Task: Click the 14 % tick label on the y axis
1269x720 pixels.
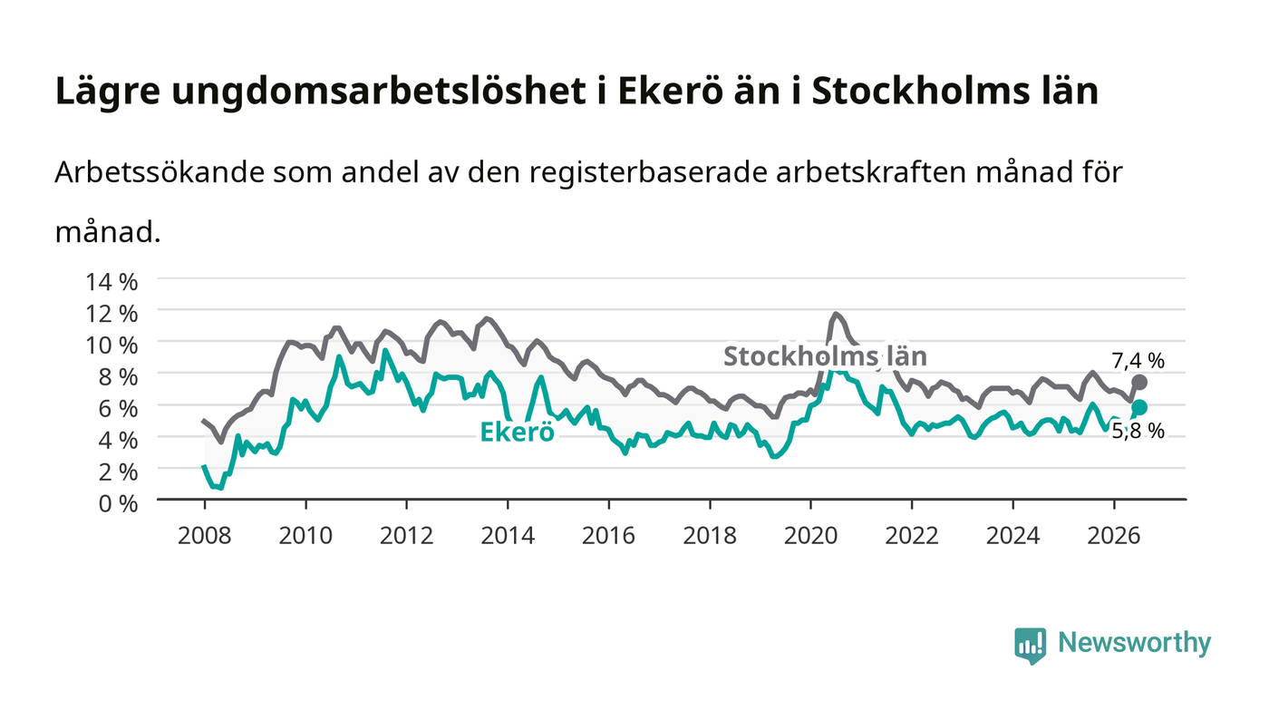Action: pyautogui.click(x=111, y=282)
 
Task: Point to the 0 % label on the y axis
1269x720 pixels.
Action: pyautogui.click(x=118, y=503)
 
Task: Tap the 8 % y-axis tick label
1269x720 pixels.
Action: pyautogui.click(x=118, y=377)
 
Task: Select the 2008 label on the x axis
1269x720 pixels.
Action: pyautogui.click(x=205, y=536)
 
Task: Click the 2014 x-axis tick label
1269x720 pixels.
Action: pyautogui.click(x=508, y=536)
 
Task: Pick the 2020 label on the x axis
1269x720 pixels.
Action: pyautogui.click(x=810, y=536)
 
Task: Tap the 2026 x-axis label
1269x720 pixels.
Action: pyautogui.click(x=1114, y=536)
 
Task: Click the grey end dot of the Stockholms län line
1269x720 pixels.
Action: pyautogui.click(x=1139, y=383)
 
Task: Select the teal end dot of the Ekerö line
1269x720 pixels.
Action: pyautogui.click(x=1139, y=408)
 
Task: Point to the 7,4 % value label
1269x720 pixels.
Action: pyautogui.click(x=1138, y=361)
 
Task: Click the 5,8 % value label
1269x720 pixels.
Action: pyautogui.click(x=1138, y=432)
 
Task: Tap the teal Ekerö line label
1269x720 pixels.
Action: pyautogui.click(x=517, y=433)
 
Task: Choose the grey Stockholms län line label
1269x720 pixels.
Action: pyautogui.click(x=825, y=356)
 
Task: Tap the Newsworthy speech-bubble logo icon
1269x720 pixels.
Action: pyautogui.click(x=1030, y=645)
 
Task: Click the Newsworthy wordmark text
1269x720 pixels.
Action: pyautogui.click(x=1134, y=643)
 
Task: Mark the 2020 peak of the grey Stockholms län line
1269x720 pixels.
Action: pyautogui.click(x=836, y=314)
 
